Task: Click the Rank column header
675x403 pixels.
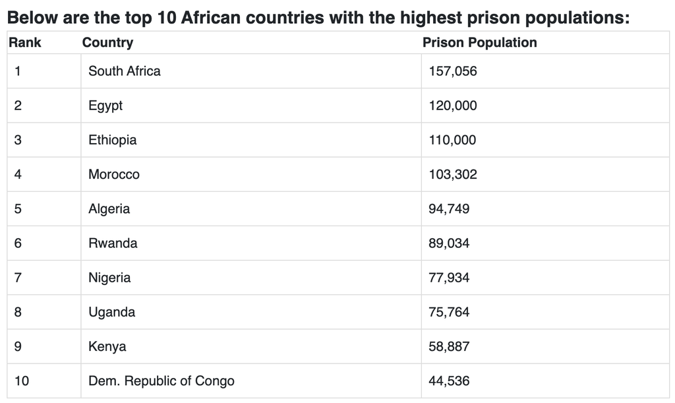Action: tap(25, 43)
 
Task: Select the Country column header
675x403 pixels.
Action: tap(107, 43)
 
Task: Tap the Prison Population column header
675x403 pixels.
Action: tap(479, 43)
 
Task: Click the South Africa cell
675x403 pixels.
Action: tap(124, 71)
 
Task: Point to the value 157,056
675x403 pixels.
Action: tap(452, 71)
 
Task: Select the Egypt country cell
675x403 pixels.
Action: tap(105, 106)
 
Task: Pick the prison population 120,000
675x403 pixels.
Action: tap(452, 106)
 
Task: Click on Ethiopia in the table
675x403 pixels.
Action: tap(113, 140)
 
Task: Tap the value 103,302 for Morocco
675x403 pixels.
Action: tap(452, 175)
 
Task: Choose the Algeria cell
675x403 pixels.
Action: tap(109, 209)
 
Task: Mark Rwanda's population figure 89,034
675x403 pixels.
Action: tap(449, 243)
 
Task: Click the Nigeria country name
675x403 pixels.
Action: tap(109, 278)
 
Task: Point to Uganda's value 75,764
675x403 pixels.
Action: tap(449, 312)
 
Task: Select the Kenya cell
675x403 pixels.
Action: tap(107, 346)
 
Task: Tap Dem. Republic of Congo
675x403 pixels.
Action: tap(161, 381)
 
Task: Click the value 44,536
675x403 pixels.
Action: tap(449, 381)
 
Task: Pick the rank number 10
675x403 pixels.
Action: tap(21, 381)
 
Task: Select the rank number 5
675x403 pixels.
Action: tap(18, 209)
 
